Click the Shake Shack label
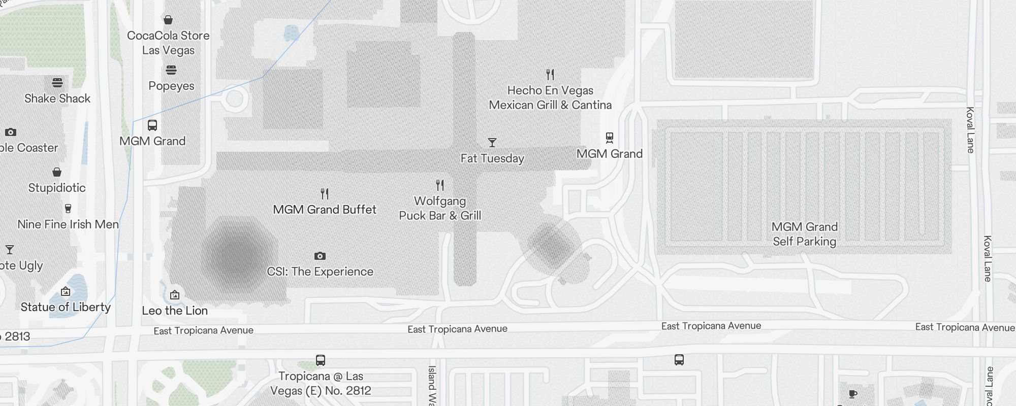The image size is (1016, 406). point(57,98)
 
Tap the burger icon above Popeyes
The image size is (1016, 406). point(171,70)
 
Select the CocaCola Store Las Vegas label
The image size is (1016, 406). point(168,43)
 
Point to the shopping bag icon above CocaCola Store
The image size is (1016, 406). point(168,20)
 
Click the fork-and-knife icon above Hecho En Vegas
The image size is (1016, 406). point(550,75)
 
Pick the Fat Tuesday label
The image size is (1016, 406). point(492,158)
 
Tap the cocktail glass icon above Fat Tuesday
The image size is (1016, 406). point(492,142)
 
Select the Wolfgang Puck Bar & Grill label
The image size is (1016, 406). point(440,208)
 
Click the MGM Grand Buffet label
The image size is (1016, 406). point(325,210)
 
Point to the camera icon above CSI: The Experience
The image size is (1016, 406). point(320,256)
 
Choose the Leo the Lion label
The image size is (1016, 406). point(175,311)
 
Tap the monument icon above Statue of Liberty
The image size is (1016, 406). point(66,291)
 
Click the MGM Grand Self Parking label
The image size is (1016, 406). point(805,234)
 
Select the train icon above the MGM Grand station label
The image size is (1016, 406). point(610,138)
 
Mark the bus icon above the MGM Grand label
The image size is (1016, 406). point(152,125)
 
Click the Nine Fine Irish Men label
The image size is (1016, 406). point(68,224)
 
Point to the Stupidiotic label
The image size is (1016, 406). point(57,188)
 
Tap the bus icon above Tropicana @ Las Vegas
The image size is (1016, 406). point(320,360)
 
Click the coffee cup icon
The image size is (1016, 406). point(853,394)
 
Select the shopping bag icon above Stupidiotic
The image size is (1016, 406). point(57,172)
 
